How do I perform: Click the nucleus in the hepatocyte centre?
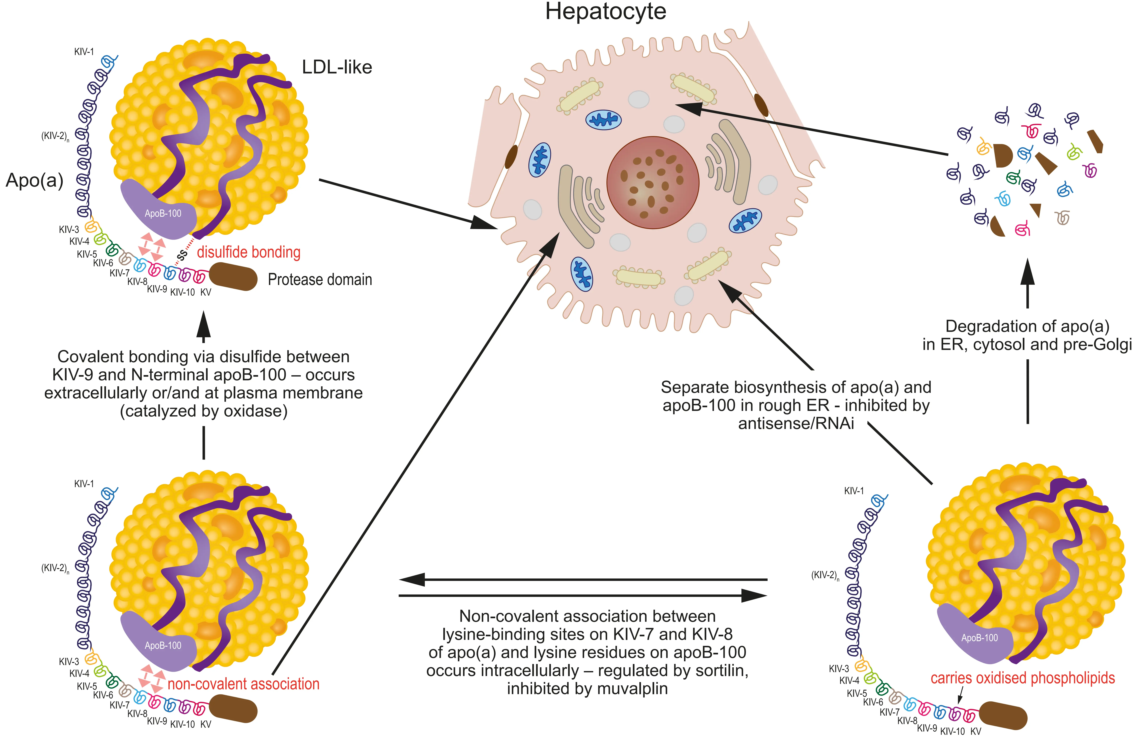click(653, 183)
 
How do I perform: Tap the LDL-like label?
click(337, 67)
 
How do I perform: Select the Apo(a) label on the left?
click(34, 180)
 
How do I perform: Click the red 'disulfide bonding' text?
click(249, 252)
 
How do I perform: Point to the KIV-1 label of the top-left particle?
click(84, 52)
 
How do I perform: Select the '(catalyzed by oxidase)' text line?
click(204, 411)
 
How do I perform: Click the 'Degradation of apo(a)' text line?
click(1027, 327)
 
